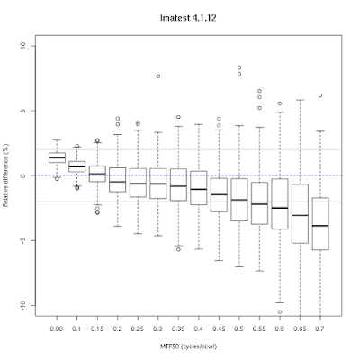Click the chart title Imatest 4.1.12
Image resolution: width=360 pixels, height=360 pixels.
[x=188, y=18]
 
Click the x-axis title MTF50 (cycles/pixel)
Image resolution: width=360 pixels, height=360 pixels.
[x=188, y=346]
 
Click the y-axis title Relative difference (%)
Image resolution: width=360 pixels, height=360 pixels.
[x=5, y=175]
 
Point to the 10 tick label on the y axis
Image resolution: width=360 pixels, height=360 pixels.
[x=23, y=46]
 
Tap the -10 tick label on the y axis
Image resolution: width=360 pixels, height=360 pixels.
[x=23, y=305]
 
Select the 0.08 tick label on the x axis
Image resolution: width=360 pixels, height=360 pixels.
[x=57, y=328]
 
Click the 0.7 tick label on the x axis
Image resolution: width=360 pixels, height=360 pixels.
[x=320, y=328]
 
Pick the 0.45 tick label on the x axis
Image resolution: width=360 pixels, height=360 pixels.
[x=219, y=328]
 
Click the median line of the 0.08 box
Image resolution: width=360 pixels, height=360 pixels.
[x=57, y=157]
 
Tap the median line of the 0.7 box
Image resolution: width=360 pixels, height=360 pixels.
[x=320, y=226]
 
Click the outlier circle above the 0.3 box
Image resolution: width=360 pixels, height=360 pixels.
[x=158, y=76]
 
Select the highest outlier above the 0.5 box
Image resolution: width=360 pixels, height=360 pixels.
[x=239, y=67]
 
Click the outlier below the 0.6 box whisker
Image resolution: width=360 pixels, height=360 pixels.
[x=280, y=312]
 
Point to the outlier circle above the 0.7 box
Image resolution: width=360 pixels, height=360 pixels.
[x=320, y=95]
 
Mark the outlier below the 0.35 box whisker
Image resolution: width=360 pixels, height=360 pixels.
[x=178, y=249]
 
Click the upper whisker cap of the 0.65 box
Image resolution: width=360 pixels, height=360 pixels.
[x=300, y=100]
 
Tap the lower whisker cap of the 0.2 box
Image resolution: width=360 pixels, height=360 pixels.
[x=118, y=226]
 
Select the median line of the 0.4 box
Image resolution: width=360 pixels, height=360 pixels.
[x=199, y=189]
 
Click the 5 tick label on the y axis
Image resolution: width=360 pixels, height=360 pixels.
[x=23, y=111]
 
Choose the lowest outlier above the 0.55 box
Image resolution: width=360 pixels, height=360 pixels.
[x=259, y=108]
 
